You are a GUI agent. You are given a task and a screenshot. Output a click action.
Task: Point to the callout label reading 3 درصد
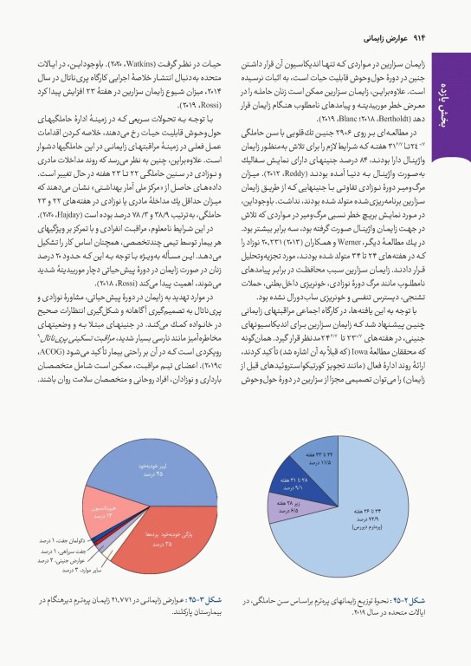89,570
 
